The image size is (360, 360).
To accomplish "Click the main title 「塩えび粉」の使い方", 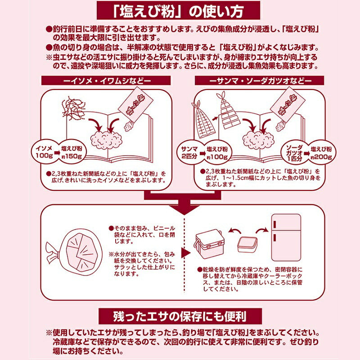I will tap(180, 10).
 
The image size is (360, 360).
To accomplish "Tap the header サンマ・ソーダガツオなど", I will tap(260, 81).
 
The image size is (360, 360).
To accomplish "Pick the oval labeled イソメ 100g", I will tap(43, 152).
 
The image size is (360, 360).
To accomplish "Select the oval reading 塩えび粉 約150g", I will tap(72, 152).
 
